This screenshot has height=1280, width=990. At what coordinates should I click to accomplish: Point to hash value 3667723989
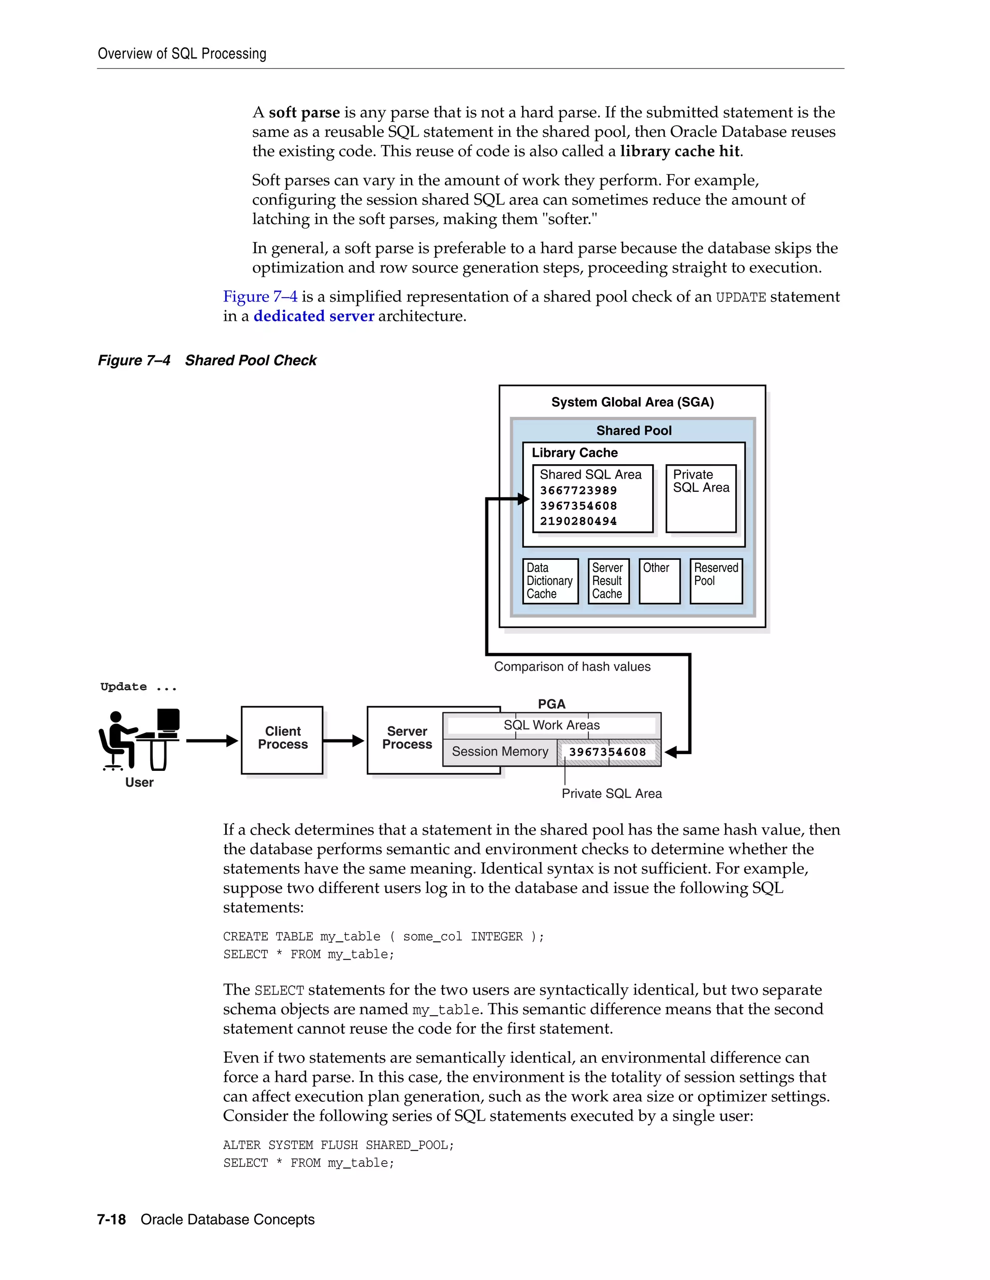[578, 491]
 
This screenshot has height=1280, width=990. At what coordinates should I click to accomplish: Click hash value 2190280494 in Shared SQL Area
[578, 521]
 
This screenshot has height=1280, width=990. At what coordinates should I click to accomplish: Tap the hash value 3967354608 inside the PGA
[607, 752]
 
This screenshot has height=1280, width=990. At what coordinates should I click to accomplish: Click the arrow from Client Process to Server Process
[344, 741]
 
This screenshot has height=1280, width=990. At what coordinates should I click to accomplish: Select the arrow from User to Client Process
[211, 741]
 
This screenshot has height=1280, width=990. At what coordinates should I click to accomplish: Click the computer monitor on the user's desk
[168, 721]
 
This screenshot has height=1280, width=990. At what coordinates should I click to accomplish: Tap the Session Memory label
[500, 752]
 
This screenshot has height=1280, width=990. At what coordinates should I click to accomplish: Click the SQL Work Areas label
[551, 725]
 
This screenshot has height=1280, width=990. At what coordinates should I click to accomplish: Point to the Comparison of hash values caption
[572, 667]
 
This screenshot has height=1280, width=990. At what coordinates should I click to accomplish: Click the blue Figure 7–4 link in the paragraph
[260, 297]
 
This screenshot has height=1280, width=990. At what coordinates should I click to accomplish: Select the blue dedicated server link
[313, 316]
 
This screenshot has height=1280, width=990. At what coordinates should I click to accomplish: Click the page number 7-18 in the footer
[112, 1220]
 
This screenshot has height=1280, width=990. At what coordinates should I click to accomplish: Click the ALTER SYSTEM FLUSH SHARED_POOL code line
[338, 1145]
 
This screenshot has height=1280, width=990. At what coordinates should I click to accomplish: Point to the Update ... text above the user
[138, 687]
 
